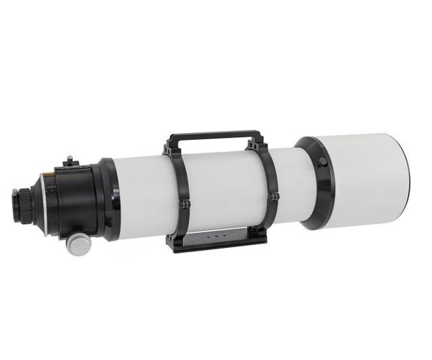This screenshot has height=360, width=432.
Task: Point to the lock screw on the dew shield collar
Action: (321, 162)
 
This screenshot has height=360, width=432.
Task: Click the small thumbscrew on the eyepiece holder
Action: (15, 195)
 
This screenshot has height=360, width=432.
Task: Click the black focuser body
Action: (74, 196)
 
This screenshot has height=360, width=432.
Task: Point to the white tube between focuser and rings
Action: (142, 196)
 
